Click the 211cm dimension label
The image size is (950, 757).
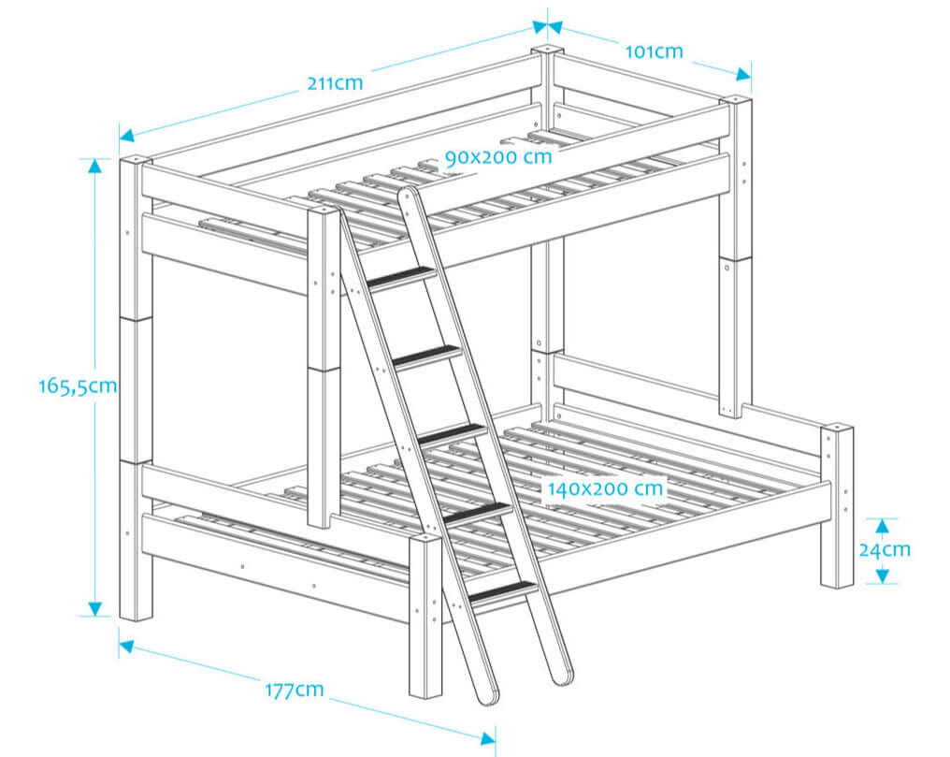tap(335, 82)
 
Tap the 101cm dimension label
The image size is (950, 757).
tap(654, 51)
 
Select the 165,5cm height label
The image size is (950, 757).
tap(78, 386)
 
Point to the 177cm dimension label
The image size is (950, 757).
tap(294, 691)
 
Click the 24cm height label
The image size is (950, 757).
tap(884, 550)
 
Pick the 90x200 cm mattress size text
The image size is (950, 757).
tap(498, 157)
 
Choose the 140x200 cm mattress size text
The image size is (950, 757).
tap(606, 488)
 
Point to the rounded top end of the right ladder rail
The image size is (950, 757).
tap(407, 197)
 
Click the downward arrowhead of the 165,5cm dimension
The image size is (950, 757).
tap(94, 608)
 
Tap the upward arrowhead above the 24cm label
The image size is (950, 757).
tap(880, 526)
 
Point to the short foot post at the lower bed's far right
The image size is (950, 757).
tap(837, 505)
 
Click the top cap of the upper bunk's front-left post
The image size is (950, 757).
tap(136, 162)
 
